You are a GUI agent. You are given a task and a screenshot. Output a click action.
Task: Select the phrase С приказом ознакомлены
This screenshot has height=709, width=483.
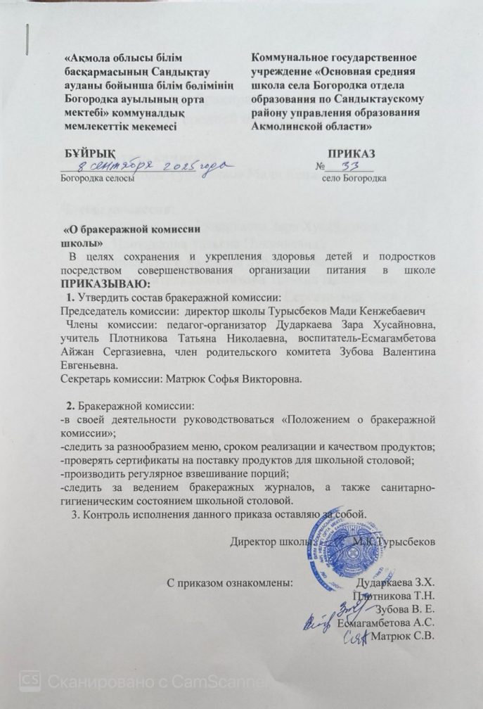pos(228,582)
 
